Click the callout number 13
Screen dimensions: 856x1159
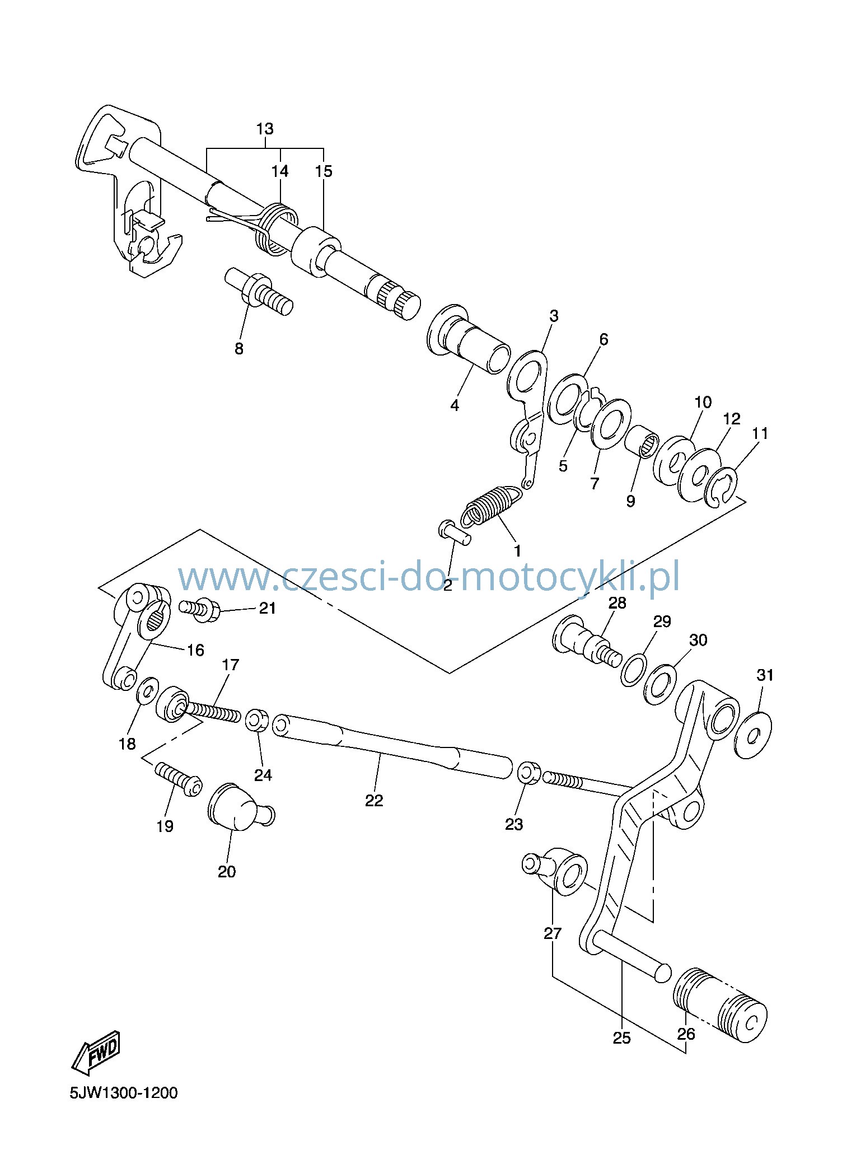[x=265, y=129]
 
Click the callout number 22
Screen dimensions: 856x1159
[x=374, y=800]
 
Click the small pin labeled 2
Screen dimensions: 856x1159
[x=455, y=531]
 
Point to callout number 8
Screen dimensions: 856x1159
[x=239, y=348]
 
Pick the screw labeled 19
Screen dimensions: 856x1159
[x=179, y=778]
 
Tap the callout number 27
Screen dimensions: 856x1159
[x=553, y=933]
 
